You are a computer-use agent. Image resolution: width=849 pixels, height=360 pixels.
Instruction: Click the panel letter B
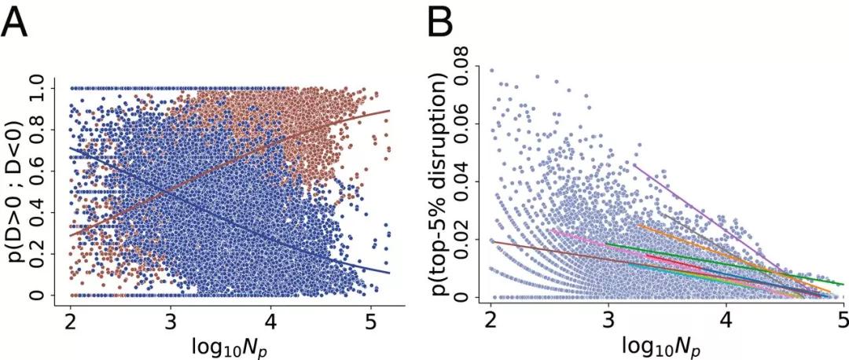click(442, 25)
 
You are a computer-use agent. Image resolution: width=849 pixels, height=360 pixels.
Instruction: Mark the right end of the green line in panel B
click(843, 284)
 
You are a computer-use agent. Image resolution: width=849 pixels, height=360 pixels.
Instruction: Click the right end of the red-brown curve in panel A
click(389, 111)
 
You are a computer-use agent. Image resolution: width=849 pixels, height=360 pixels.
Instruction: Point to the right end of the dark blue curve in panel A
click(389, 273)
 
